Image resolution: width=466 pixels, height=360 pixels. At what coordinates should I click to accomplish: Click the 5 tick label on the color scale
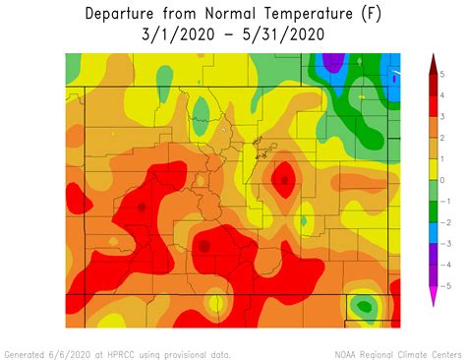[x=442, y=75]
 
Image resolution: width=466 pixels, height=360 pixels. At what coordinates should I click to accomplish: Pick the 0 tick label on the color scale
[x=442, y=180]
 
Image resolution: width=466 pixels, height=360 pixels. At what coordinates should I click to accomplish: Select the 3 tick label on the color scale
[x=442, y=117]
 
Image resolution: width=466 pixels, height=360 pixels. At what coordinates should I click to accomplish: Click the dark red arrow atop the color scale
[x=432, y=64]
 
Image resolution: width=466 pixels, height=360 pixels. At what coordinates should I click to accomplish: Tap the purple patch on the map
[x=334, y=63]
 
